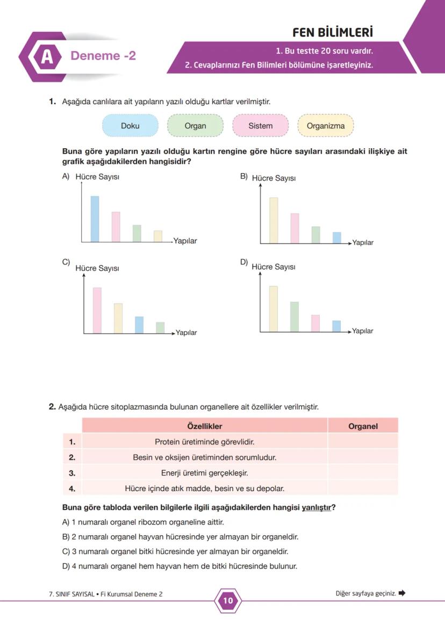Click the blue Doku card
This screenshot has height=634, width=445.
pos(130,126)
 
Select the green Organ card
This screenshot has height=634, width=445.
pos(195,126)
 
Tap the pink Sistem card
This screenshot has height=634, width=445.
pos(260,126)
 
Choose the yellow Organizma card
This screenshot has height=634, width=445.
pos(326,126)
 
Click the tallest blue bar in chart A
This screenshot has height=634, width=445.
pos(95,219)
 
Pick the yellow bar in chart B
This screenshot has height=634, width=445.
pos(274,220)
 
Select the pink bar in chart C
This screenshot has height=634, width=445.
pos(97,310)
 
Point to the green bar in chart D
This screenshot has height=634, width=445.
pos(295,316)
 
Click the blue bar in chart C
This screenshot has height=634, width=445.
pos(139,325)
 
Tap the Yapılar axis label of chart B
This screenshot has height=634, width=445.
pos(363,243)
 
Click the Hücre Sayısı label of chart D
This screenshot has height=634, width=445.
pos(273,267)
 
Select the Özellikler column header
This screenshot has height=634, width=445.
pos(204,426)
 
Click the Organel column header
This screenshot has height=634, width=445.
pos(363,426)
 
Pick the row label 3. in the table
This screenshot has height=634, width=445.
pos(72,473)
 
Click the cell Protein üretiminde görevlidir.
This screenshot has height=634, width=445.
pos(204,442)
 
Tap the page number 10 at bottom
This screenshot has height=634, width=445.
pos(228,601)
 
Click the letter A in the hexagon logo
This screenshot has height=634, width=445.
pos(47,56)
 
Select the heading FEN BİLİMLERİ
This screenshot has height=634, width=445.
pos(332,32)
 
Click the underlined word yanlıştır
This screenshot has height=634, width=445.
pos(317,507)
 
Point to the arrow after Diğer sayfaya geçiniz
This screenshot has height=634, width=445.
pos(402,593)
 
